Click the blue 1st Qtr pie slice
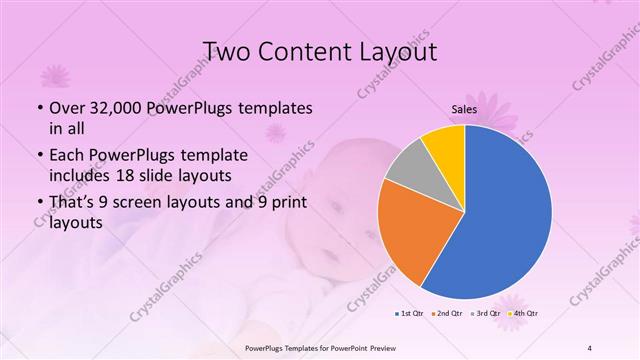505,215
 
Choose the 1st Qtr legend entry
410,313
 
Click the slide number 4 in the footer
589,348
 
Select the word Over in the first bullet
67,107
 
